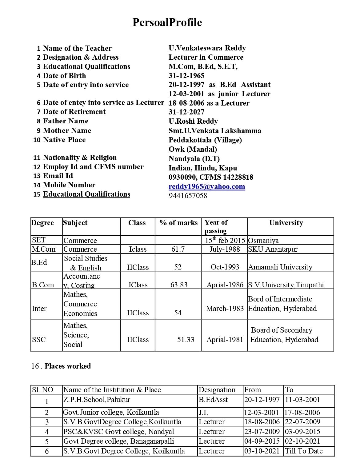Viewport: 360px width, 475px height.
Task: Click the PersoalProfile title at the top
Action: (167, 22)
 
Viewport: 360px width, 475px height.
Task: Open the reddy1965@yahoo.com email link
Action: (207, 186)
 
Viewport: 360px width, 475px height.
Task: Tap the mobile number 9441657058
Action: (188, 196)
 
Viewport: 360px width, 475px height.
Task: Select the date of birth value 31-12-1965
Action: (186, 76)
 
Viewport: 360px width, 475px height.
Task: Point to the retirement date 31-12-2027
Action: (186, 112)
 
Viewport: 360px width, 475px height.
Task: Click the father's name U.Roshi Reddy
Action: (193, 121)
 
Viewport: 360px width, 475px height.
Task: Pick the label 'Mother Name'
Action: (67, 130)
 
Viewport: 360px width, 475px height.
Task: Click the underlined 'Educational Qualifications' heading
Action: (86, 194)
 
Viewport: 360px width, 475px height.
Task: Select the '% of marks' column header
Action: (178, 223)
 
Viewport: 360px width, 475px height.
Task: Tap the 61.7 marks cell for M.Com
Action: (178, 249)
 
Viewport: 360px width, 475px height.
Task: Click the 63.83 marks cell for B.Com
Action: (179, 285)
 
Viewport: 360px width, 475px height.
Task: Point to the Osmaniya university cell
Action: (263, 241)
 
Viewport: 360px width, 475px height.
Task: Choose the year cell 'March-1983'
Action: (225, 309)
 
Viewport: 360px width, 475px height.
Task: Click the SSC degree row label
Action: (39, 340)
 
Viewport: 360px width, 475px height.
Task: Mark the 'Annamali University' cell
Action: (280, 267)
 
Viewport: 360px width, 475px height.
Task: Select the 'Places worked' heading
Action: (67, 366)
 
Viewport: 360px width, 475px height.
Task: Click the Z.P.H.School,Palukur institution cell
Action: (97, 400)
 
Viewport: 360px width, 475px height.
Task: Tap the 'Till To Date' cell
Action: (304, 451)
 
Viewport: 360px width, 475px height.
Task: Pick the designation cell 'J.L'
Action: (203, 413)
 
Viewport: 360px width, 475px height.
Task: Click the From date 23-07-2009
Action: (262, 432)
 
